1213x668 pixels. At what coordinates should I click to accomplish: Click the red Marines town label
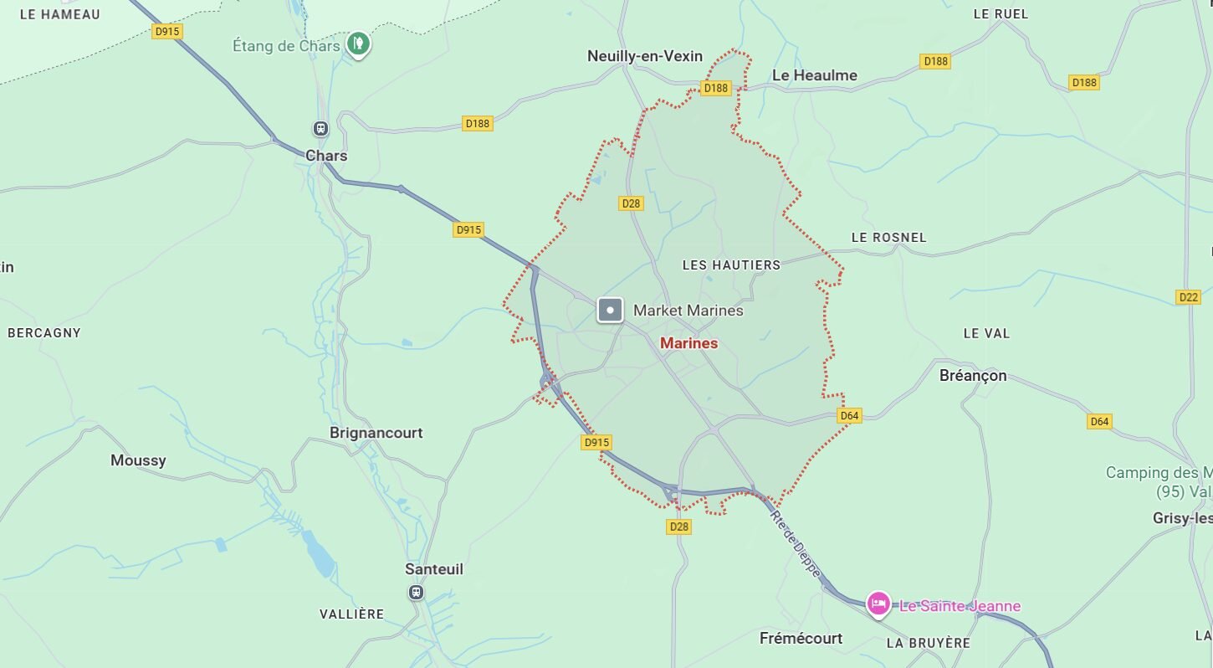tap(688, 343)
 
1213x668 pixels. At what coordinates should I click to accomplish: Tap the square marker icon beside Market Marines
tap(611, 311)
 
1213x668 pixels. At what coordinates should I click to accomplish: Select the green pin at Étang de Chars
tap(358, 43)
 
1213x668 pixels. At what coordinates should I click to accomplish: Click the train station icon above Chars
tap(320, 129)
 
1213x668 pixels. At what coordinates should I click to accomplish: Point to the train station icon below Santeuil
tap(416, 593)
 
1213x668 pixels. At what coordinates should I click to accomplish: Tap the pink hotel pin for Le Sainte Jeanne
tap(878, 604)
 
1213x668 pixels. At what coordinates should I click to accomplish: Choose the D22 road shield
tap(1188, 297)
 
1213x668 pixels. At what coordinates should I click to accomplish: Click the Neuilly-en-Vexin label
tap(644, 56)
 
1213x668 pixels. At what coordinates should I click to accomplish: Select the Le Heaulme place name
tap(814, 75)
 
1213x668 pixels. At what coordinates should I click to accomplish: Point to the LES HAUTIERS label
tap(731, 265)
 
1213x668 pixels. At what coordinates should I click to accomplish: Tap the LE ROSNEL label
tap(888, 238)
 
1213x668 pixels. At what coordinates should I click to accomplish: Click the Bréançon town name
tap(973, 376)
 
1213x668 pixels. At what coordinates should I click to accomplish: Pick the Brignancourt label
tap(376, 433)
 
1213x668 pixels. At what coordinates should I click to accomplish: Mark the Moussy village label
tap(138, 460)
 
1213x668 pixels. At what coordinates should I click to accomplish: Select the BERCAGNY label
tap(44, 332)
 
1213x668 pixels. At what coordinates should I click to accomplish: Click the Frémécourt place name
tap(801, 639)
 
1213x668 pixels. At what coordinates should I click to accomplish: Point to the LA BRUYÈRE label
tap(928, 643)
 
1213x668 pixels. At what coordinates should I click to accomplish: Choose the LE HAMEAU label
tap(59, 14)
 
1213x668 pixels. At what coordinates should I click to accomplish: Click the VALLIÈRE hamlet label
tap(351, 614)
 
